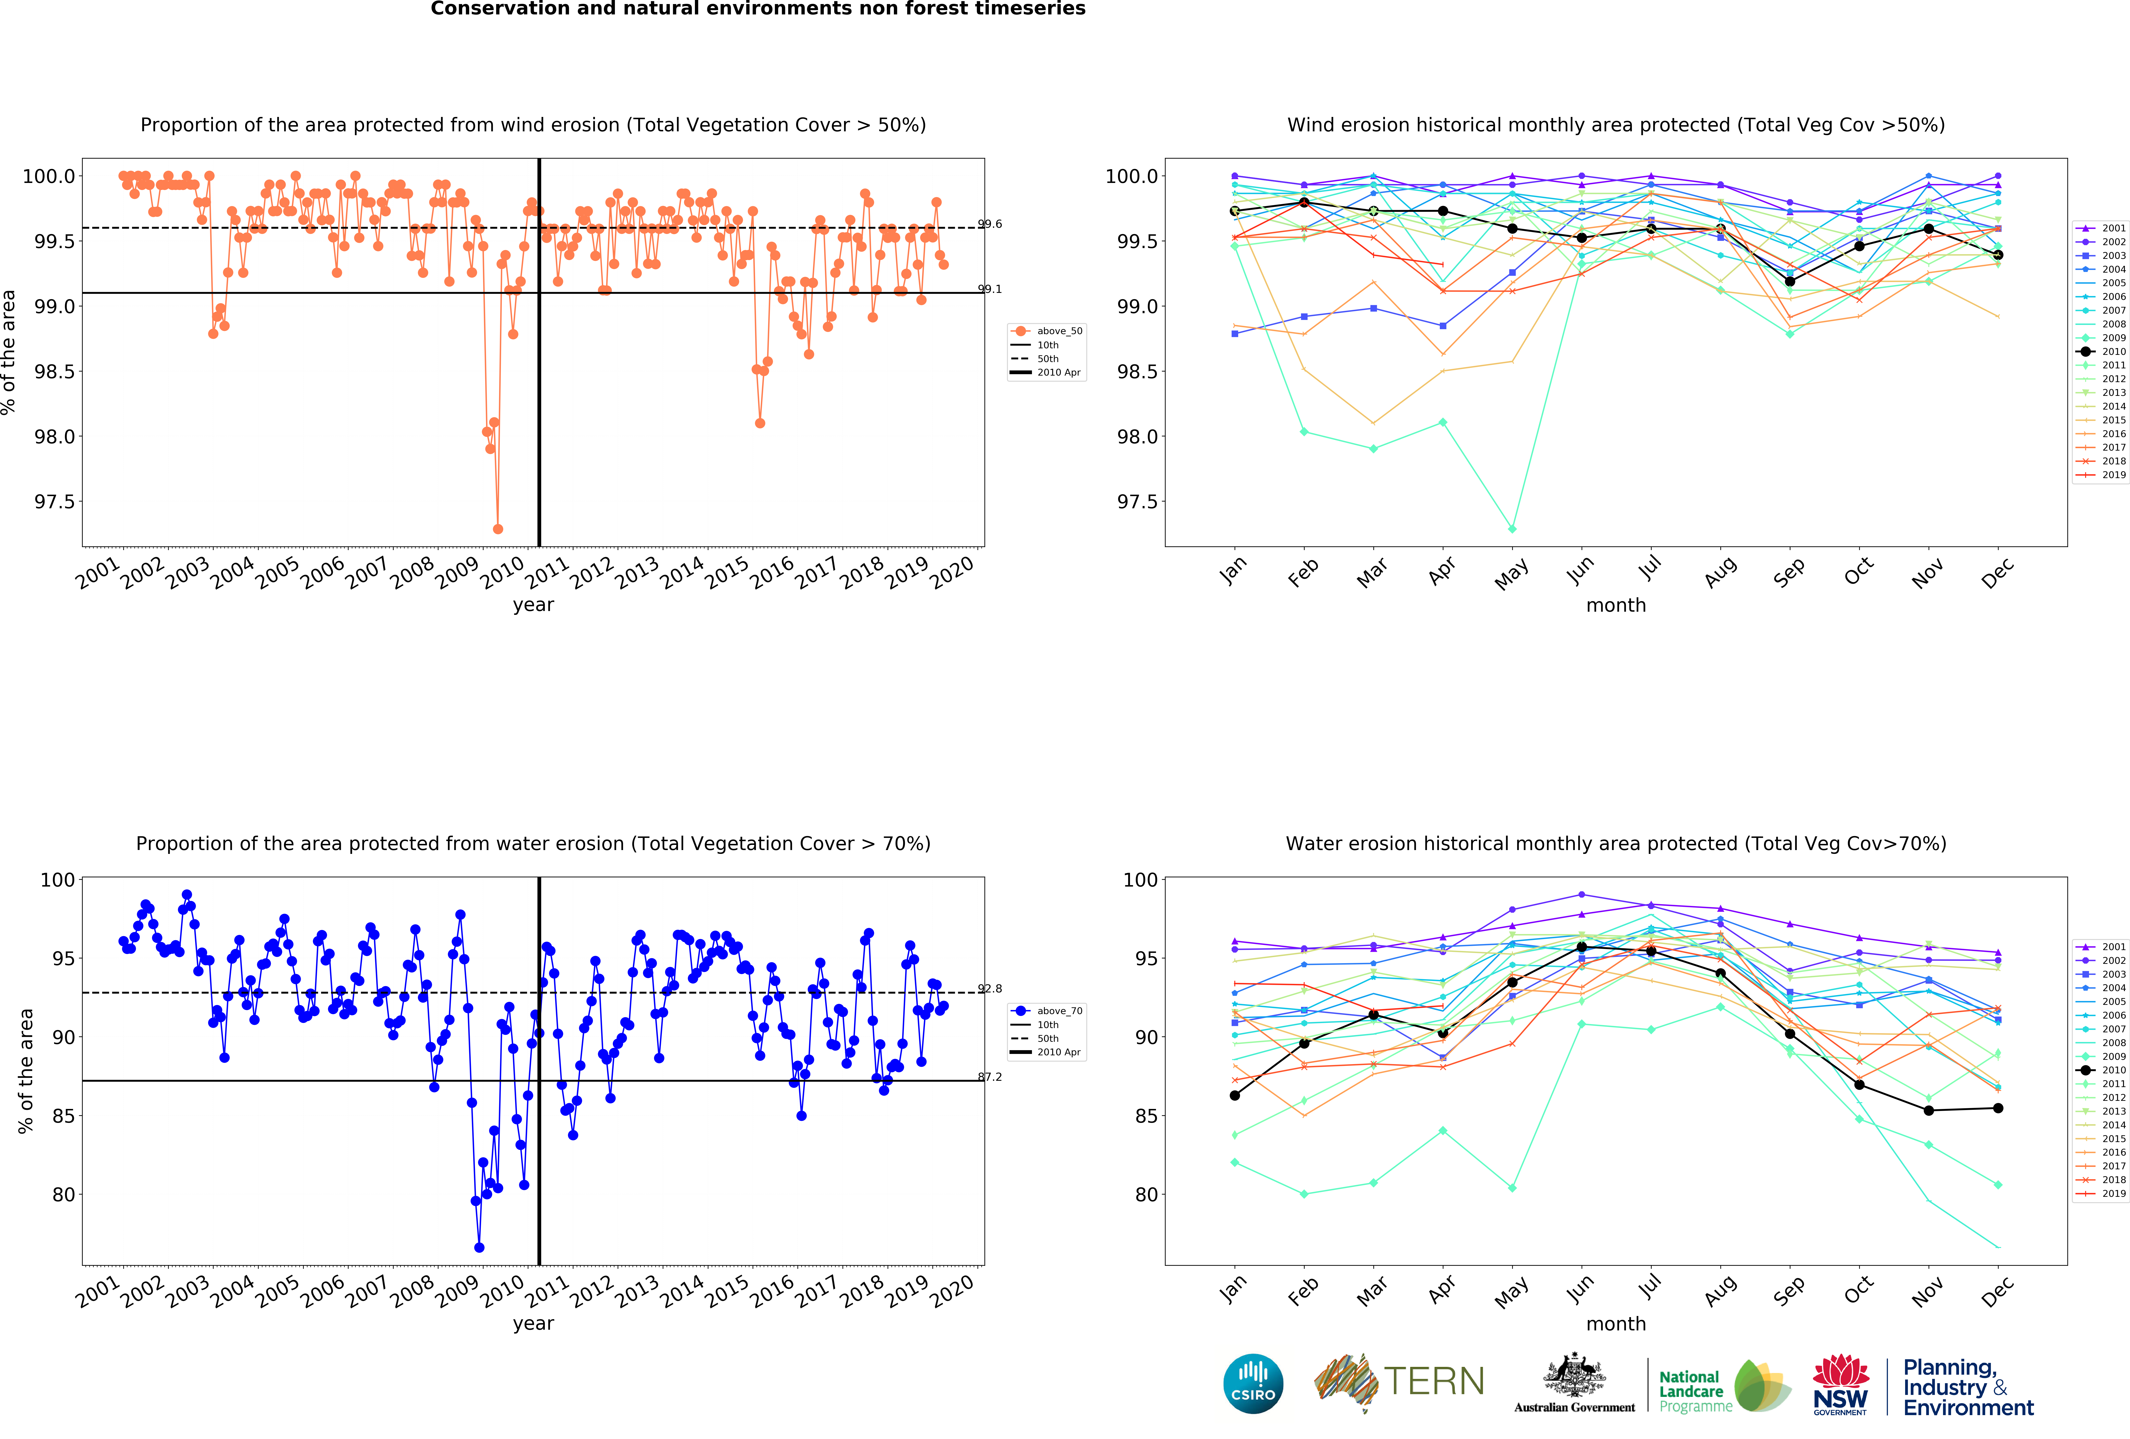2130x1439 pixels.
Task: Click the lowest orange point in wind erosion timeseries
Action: [x=498, y=529]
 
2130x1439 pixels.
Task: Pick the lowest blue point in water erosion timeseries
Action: [x=479, y=1247]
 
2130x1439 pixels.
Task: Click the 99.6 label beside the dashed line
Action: [x=990, y=224]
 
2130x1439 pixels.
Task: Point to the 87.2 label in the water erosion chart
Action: [x=990, y=1077]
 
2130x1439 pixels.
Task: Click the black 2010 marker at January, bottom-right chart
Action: [x=1235, y=1095]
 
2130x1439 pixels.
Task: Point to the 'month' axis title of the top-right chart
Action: [x=1616, y=605]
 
